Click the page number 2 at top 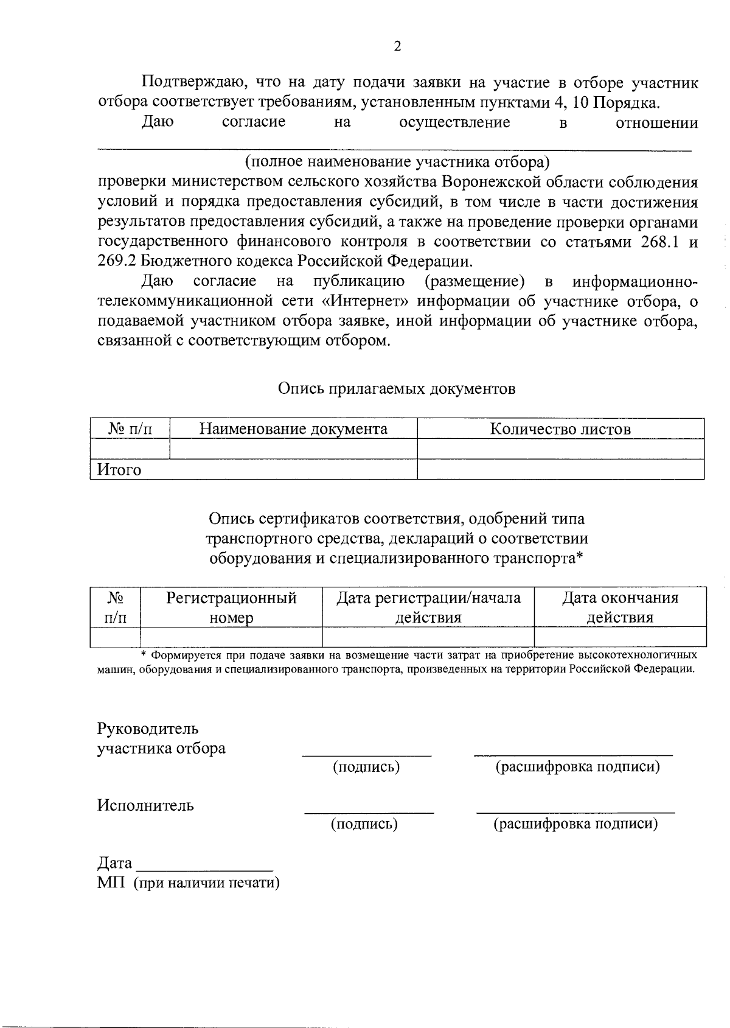398,46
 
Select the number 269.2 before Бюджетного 117,262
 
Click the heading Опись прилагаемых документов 397,388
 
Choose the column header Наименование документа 293,428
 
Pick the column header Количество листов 560,428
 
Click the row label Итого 119,470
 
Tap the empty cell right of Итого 560,469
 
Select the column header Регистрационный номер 231,607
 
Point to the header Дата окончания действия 619,607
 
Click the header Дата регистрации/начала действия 428,607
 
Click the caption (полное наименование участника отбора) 397,162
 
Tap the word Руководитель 148,729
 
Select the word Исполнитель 145,805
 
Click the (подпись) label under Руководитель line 366,767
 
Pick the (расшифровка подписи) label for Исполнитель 575,824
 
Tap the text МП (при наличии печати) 188,883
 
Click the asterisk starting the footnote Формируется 144,654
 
